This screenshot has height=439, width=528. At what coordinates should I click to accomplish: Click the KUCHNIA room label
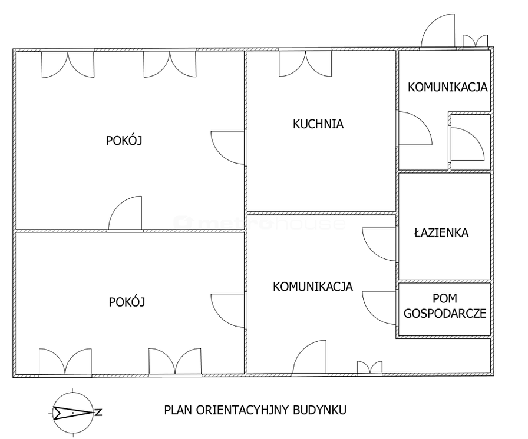tap(318, 124)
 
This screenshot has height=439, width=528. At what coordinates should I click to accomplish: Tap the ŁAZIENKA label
tap(441, 232)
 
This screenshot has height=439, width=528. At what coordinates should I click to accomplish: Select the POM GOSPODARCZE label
tap(445, 306)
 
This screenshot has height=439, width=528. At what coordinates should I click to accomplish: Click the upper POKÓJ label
tap(124, 140)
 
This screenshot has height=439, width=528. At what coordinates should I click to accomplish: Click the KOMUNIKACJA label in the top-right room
tap(447, 87)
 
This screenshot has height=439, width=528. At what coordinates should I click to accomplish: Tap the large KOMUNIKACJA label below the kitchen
tap(313, 287)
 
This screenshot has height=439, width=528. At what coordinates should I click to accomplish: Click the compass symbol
tap(73, 412)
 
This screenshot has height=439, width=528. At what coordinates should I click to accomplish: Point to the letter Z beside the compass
tap(98, 412)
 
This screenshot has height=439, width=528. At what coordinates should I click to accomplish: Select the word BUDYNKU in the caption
tap(319, 410)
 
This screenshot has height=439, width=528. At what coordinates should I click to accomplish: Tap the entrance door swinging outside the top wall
tap(438, 31)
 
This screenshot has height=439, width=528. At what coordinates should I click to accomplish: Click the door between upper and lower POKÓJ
tap(125, 213)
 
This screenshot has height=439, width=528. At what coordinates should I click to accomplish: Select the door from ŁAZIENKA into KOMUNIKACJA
tap(379, 244)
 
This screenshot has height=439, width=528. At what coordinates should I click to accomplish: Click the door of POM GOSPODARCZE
tap(379, 308)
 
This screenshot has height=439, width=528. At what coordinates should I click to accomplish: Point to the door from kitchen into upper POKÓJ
tap(227, 148)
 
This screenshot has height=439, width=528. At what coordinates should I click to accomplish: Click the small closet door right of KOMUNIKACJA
tap(467, 144)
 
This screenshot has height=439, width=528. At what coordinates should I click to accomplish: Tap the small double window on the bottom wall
tap(369, 367)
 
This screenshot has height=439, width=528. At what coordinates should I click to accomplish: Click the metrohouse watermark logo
tap(259, 223)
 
